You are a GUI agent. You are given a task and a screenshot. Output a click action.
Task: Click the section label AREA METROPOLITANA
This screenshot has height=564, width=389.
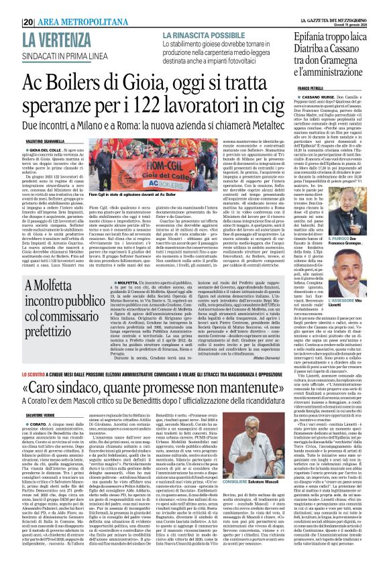(x=60, y=5)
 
